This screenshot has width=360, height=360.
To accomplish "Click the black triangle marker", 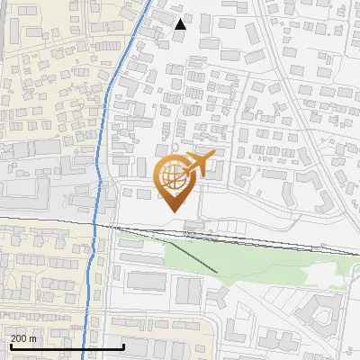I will coord(181,23).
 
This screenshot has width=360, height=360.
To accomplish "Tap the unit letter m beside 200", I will coord(33,337).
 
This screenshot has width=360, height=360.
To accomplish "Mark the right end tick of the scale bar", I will coord(123,346).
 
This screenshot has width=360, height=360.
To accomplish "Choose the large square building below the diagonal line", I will coord(189,290).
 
